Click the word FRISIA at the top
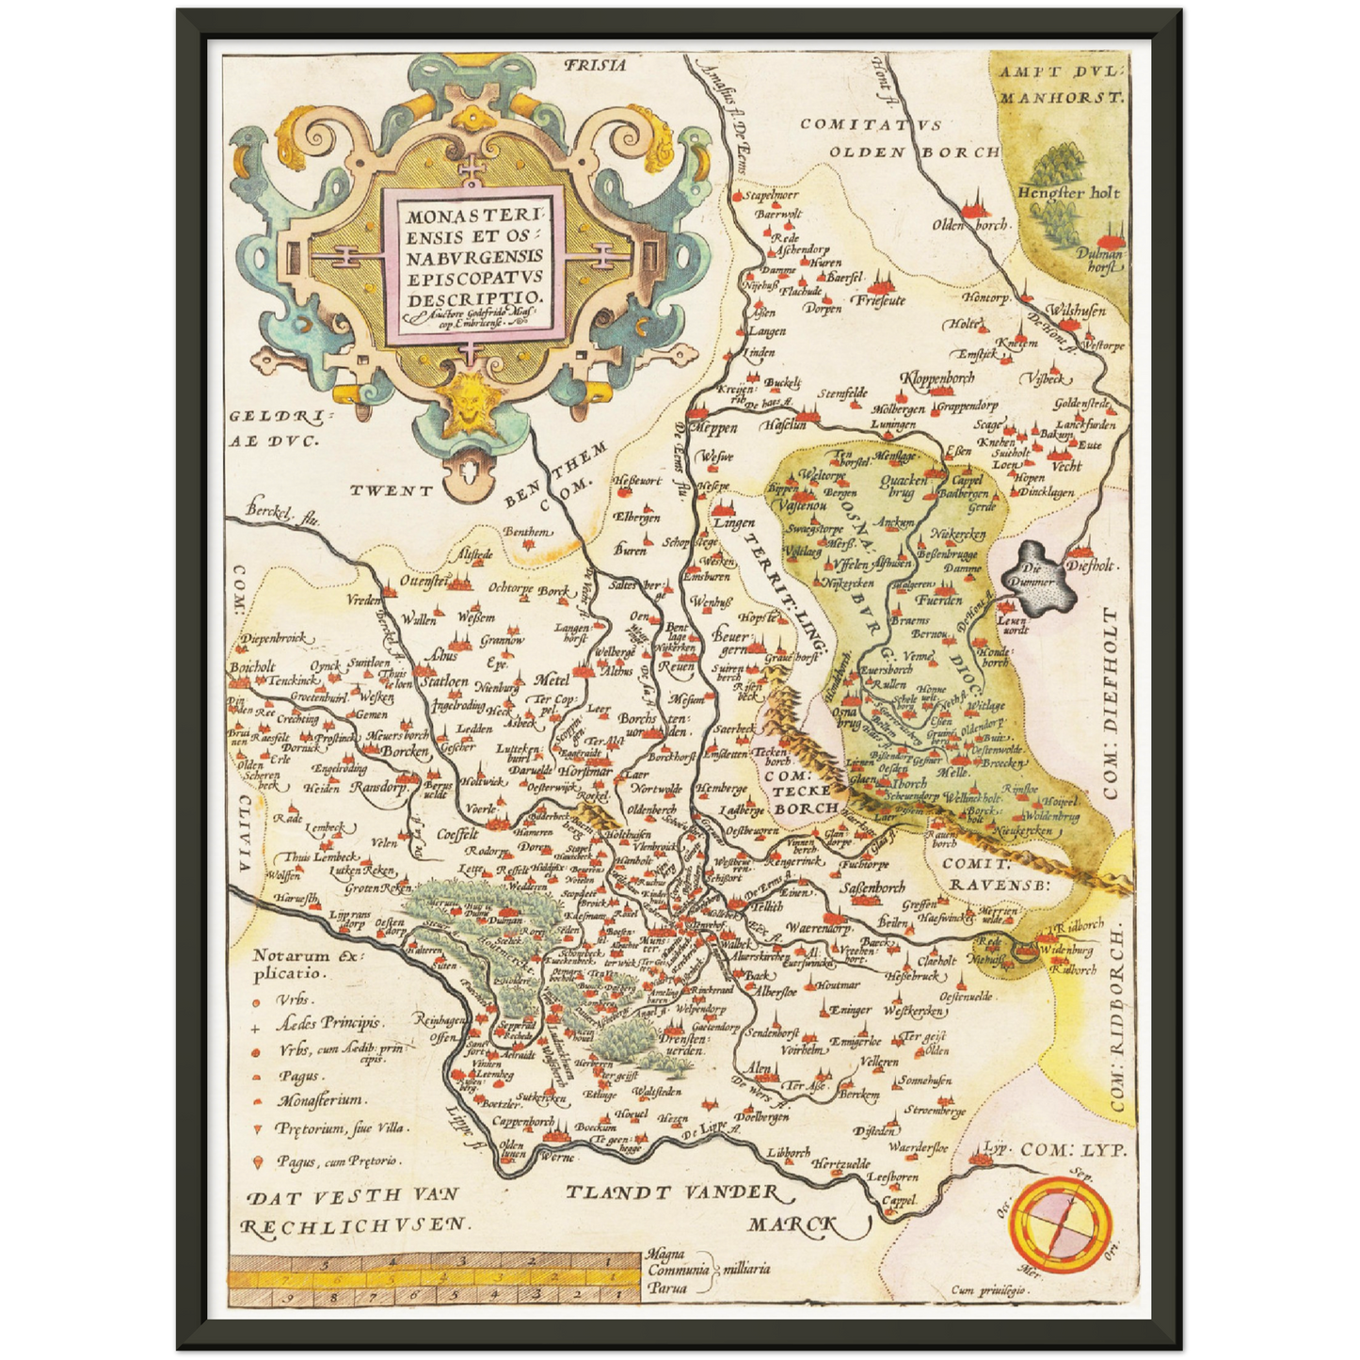[x=594, y=65]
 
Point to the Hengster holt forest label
[x=1068, y=192]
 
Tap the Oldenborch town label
[x=970, y=225]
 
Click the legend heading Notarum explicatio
[x=306, y=965]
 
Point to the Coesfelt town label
[x=458, y=835]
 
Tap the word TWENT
[x=392, y=490]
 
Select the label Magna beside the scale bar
[x=665, y=1254]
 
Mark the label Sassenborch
[x=872, y=887]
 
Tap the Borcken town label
[x=405, y=752]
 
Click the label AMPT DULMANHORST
[x=1061, y=83]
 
